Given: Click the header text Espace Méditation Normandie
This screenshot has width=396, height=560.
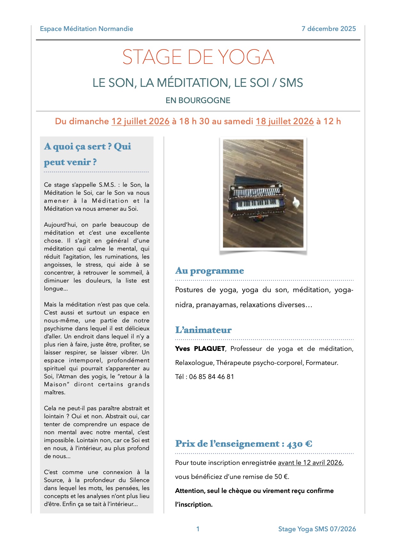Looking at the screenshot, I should coord(86,29).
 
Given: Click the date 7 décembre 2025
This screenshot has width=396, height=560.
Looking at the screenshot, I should coord(329,29).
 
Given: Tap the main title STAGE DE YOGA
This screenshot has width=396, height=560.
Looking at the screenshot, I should coord(198,57).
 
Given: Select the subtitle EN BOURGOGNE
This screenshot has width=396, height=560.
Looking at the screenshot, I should coord(198,100).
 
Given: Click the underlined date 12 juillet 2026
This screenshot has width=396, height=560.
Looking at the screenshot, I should coord(140,121).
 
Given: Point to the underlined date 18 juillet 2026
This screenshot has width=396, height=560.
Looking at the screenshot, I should coord(285,121).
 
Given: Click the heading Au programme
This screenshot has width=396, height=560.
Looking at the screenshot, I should coord(209,271).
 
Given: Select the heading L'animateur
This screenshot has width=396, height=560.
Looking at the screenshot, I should coord(203,330).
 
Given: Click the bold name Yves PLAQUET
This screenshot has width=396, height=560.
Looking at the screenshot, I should coord(200,349).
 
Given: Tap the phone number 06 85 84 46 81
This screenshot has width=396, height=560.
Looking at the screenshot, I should coord(212,377).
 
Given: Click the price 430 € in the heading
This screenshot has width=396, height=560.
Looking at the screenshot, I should coord(299,444).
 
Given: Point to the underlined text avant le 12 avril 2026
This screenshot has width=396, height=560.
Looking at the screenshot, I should coord(310,463).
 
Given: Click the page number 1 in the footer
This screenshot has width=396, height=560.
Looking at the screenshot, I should coord(198,529).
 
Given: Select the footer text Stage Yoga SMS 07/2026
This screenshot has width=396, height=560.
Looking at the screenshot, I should coord(317,529).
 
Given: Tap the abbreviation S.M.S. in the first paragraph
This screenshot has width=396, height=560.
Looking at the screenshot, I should coord(106,185).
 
